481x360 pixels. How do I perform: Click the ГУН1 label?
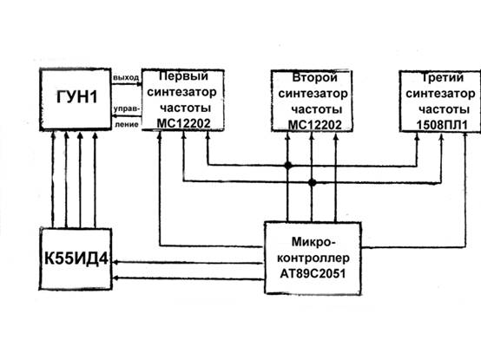[76, 97]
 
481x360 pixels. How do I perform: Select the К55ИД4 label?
[76, 259]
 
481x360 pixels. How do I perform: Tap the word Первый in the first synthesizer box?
[183, 75]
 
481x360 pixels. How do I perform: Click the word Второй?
[314, 77]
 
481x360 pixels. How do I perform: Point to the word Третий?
[442, 77]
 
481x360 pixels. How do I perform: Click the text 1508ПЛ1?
[442, 125]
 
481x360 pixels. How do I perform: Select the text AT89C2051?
[313, 273]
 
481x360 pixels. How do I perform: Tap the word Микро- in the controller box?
[313, 242]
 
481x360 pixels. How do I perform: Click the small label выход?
[126, 77]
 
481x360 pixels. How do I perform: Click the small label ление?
[127, 124]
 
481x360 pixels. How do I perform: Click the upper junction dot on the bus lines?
[287, 166]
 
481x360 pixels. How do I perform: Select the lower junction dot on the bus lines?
[312, 183]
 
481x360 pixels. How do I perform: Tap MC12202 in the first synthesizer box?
[183, 123]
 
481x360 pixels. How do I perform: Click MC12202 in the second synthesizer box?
[315, 125]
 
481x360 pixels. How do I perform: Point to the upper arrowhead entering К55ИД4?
[115, 263]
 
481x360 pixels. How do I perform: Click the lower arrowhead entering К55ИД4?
[115, 278]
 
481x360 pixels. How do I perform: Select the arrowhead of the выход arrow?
[139, 84]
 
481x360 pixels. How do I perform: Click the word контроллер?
[313, 258]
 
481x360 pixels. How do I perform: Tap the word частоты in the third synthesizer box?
[444, 109]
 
